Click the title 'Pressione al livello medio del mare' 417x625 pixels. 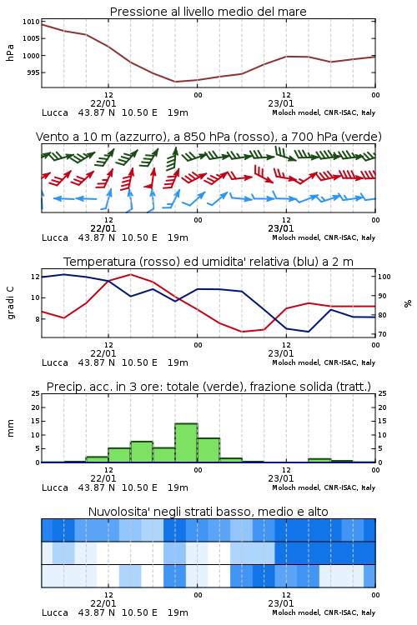coord(208,12)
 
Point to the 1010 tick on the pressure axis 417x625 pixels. coord(31,22)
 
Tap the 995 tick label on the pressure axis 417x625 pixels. coord(33,72)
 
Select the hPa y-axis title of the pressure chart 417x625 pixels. coord(10,52)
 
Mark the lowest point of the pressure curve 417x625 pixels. coord(175,82)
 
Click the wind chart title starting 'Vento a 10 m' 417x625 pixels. coord(208,137)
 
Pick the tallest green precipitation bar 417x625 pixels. coord(186,442)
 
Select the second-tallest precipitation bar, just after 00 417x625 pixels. coord(208,450)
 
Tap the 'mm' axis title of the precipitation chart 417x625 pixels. coord(10,428)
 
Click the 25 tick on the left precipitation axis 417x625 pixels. coord(36,393)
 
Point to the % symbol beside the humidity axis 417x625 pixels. coord(408,303)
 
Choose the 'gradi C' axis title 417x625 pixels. coord(10,302)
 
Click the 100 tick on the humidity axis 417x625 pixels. coord(384,277)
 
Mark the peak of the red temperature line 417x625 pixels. coord(130,274)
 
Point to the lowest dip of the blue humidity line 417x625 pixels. coord(308,332)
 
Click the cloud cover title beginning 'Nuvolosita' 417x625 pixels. coord(208,512)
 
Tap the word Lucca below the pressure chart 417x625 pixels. coord(55,112)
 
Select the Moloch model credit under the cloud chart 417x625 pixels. coord(324,612)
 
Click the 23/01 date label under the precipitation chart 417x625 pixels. coord(281,478)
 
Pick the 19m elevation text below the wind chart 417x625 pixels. coord(178,237)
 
